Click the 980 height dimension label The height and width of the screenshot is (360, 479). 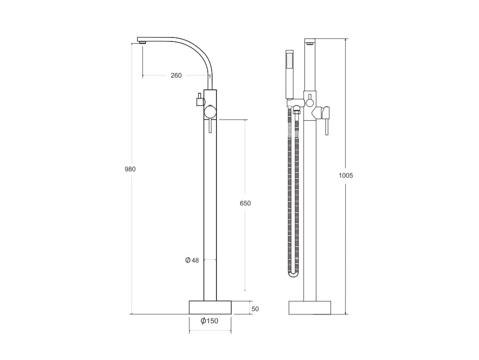(130, 169)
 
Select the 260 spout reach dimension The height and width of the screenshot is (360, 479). (176, 75)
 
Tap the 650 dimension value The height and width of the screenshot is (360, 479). (245, 203)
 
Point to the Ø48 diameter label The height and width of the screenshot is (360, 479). (192, 260)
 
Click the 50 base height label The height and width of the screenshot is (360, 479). (255, 309)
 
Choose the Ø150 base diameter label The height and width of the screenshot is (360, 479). (209, 321)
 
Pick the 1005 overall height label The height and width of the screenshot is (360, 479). (345, 176)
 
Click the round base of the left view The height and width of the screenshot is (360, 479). (210, 307)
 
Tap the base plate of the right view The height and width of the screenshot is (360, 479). (310, 308)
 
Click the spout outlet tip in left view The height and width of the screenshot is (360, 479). (142, 43)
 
